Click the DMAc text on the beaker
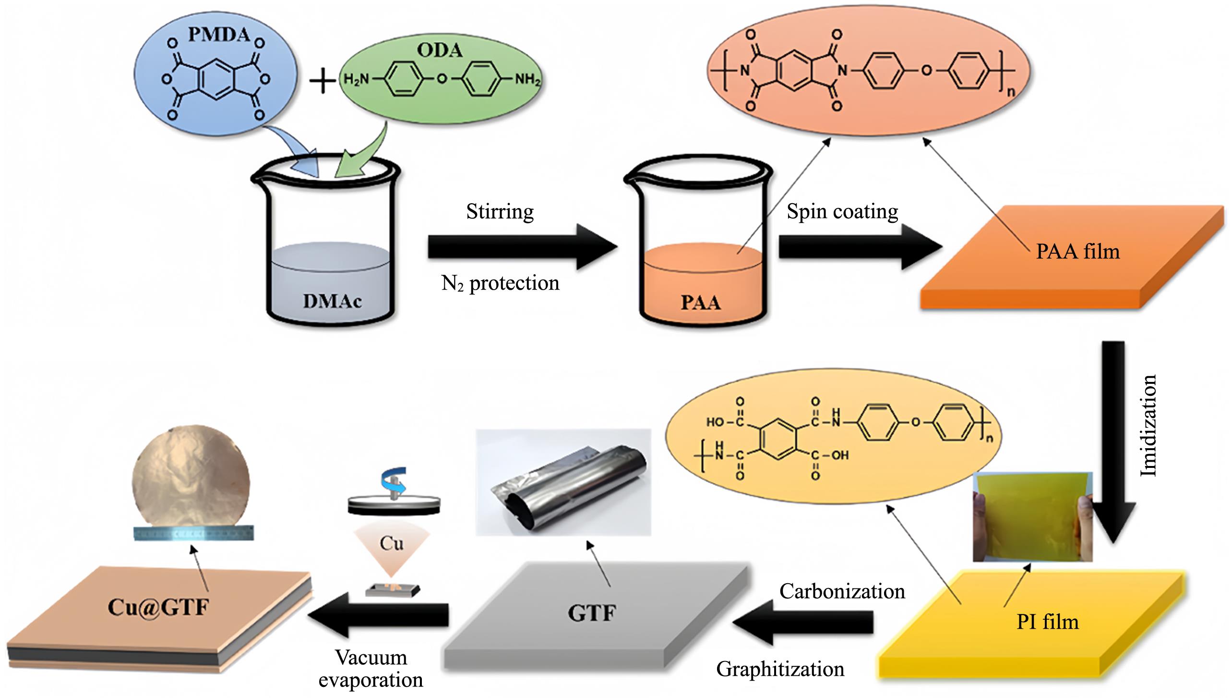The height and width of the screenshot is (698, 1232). coord(332,301)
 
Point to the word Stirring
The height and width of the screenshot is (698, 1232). coord(500,212)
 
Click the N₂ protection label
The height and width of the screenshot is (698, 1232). coord(500,283)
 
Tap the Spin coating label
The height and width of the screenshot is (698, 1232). coord(842,212)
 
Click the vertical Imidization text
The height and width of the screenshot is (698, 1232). coord(1148,426)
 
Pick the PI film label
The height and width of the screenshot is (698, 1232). coord(1047,623)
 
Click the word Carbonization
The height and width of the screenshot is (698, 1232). coord(842,591)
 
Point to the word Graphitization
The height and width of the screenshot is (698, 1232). coord(780,669)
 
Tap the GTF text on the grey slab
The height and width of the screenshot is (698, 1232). coord(591,613)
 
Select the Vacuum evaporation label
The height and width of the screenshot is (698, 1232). coord(371,668)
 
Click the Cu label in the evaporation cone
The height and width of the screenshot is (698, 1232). coord(391,543)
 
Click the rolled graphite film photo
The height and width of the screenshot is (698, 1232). coord(563,482)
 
